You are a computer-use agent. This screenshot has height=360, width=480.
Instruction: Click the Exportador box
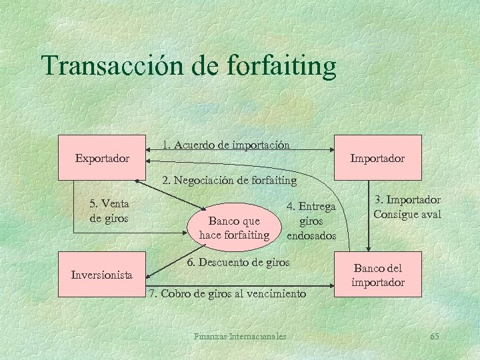point(103,158)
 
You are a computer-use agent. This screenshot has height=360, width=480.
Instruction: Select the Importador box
point(377,158)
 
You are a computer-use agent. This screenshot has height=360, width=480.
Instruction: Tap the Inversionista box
point(102,274)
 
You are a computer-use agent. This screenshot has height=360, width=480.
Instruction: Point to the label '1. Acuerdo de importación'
point(226,144)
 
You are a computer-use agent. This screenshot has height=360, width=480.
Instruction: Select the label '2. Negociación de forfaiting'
point(229,180)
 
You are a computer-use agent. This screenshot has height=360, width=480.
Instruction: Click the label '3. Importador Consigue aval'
point(407,207)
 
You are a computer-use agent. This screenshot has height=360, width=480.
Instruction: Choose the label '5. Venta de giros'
point(109,211)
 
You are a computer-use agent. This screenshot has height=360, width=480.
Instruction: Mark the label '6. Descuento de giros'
point(238,263)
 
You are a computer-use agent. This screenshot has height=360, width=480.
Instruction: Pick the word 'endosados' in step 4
point(311,236)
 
